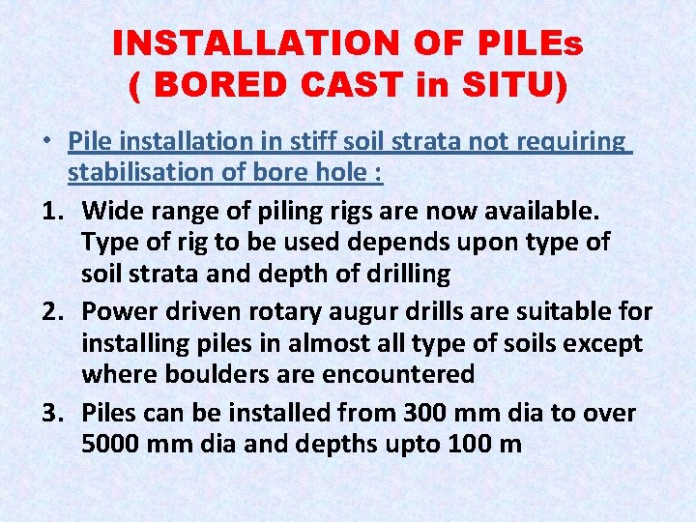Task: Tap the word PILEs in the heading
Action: coord(529,43)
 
